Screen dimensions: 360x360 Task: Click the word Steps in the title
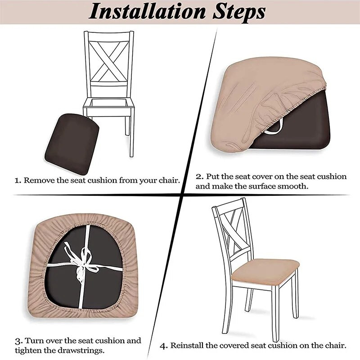click(239, 12)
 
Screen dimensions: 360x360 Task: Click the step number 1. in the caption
click(18, 181)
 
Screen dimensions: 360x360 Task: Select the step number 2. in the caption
click(200, 176)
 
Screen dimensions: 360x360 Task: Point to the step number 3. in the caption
click(19, 341)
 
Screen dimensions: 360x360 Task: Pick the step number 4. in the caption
click(164, 346)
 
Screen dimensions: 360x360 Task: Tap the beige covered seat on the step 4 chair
click(265, 272)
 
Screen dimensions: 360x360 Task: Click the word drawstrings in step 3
click(81, 351)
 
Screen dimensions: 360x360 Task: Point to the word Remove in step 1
click(39, 180)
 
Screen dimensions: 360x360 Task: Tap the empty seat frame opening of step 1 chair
click(109, 103)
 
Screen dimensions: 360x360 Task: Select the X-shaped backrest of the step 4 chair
click(234, 232)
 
